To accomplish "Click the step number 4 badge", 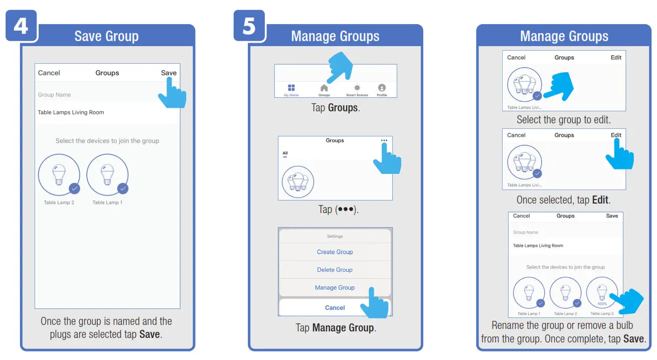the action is (x=21, y=26).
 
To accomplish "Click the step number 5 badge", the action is (x=249, y=26).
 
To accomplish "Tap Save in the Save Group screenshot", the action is (x=169, y=73).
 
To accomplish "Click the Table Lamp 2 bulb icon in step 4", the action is (x=59, y=175).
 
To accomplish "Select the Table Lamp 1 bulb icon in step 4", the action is (x=107, y=175).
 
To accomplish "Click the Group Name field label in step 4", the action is (x=54, y=95).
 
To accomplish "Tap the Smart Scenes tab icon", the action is (x=357, y=88).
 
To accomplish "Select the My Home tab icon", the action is (x=291, y=88).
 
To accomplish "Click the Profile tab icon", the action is (x=382, y=88).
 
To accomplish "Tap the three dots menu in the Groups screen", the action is (x=384, y=141).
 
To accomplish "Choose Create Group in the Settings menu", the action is (x=335, y=252).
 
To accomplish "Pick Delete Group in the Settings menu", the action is (x=335, y=270).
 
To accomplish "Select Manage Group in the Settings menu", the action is (x=335, y=288).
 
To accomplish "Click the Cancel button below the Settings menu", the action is (x=335, y=308).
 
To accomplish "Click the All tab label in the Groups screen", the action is (x=285, y=153).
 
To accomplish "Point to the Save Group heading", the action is (x=106, y=36).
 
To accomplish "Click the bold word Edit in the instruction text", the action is (x=600, y=200).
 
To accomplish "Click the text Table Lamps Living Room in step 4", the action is (x=71, y=112).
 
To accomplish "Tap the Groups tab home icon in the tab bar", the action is (x=324, y=88).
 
